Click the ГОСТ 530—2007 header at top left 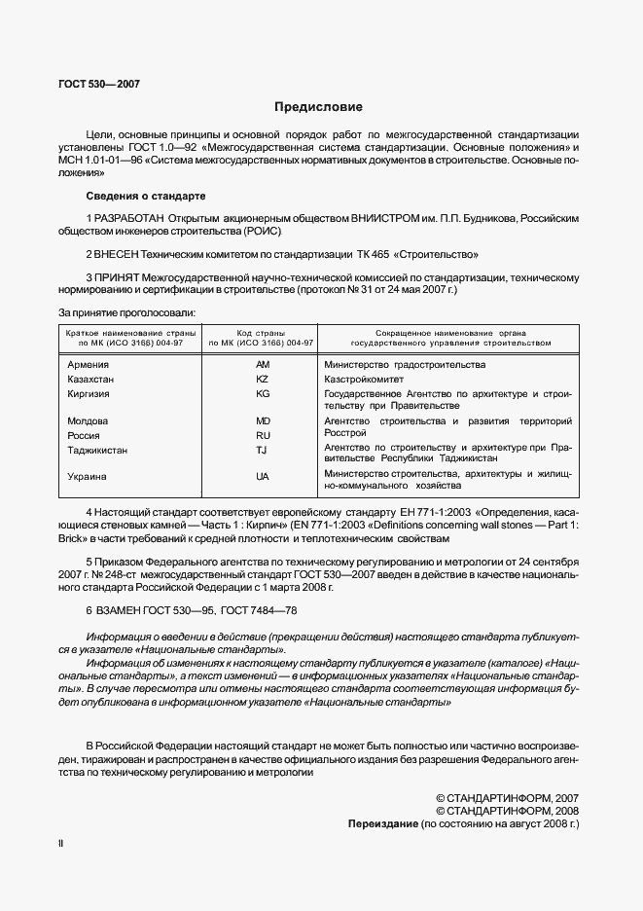(x=99, y=85)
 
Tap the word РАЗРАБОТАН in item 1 (x=130, y=218)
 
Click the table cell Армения (x=87, y=364)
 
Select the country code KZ (x=262, y=379)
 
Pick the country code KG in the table (x=262, y=394)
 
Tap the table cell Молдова (x=87, y=421)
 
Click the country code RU (x=262, y=436)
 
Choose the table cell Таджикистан (x=97, y=451)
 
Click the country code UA (x=262, y=477)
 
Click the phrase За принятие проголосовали (x=126, y=312)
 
